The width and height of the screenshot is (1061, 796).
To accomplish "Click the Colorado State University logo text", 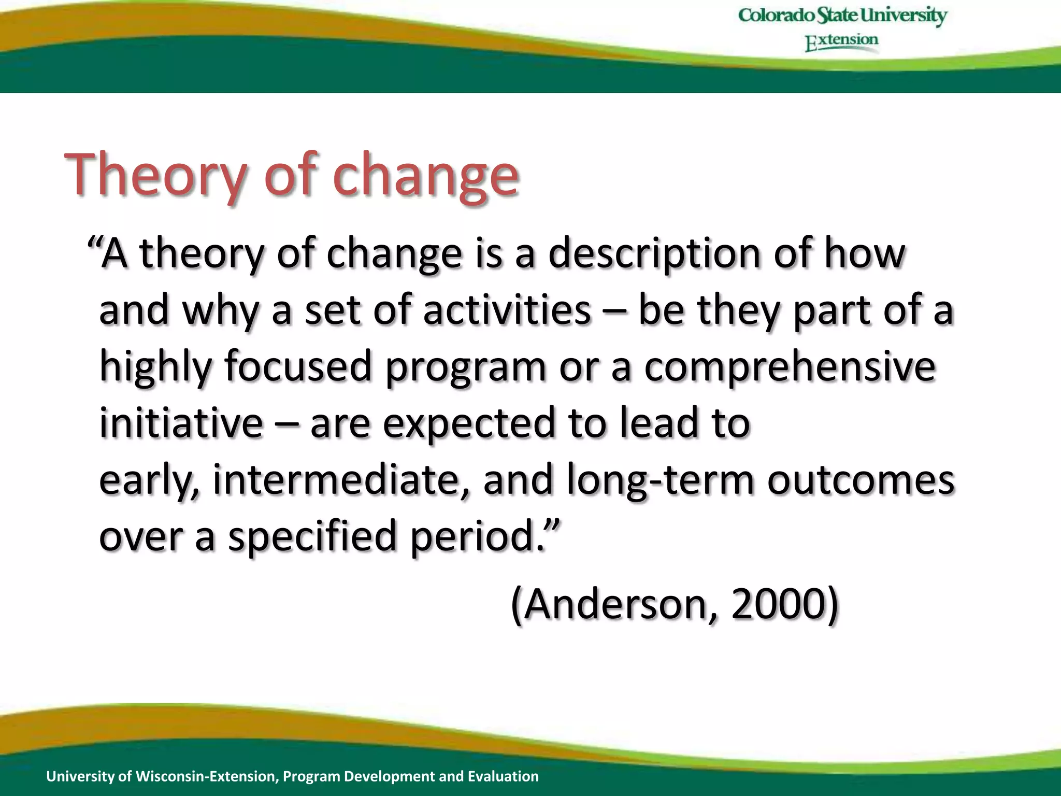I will pos(842,16).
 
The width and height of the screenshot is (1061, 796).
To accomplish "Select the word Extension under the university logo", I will pos(842,41).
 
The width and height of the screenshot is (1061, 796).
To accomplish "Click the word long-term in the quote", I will pos(661,480).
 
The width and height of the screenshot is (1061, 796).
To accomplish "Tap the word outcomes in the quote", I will pos(860,480).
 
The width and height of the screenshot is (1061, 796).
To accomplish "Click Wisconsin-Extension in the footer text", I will pos(208,776).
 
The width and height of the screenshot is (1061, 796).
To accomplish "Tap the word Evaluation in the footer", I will pos(503,776).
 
